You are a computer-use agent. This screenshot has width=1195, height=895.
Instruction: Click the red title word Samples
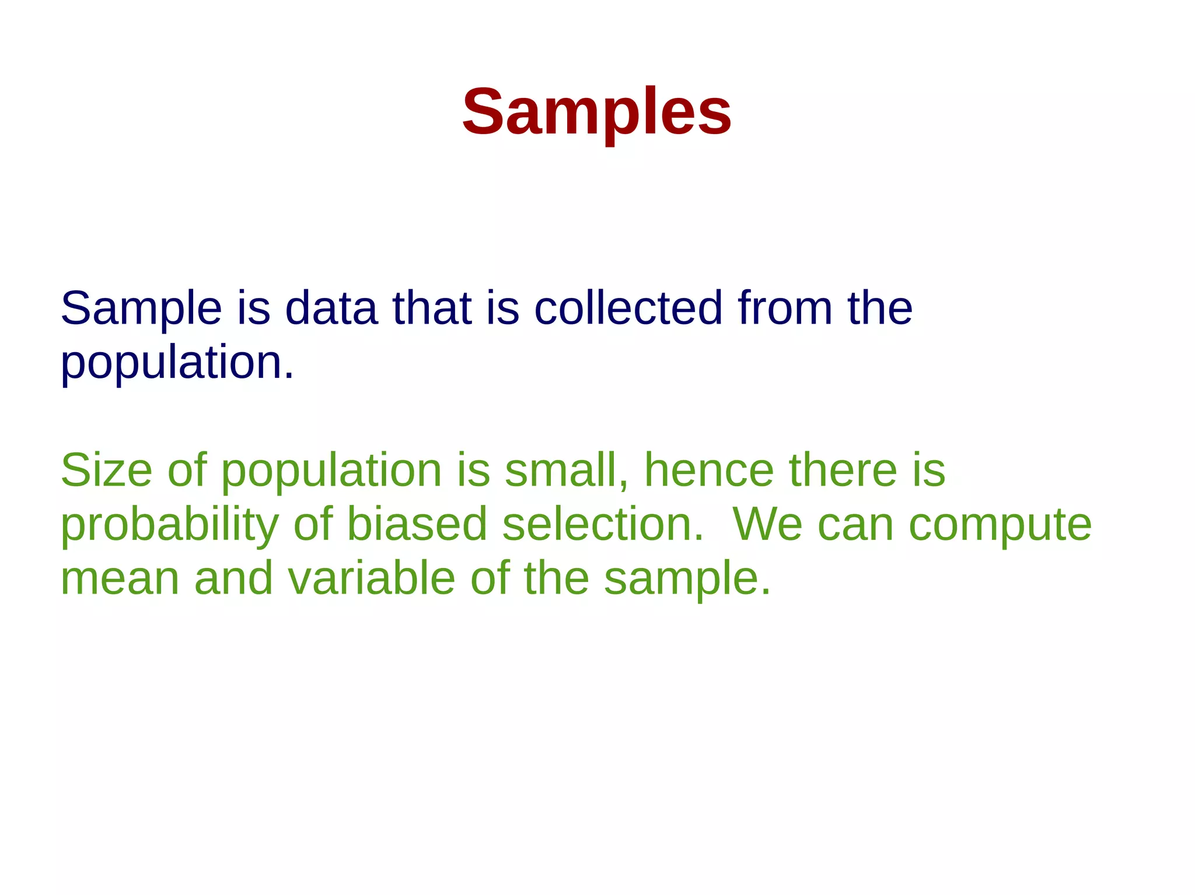tap(596, 112)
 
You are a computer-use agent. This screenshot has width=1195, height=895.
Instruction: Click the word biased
tap(417, 524)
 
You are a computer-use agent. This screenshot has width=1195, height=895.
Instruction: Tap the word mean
tap(120, 578)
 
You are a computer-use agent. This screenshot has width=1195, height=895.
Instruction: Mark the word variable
tap(372, 578)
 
